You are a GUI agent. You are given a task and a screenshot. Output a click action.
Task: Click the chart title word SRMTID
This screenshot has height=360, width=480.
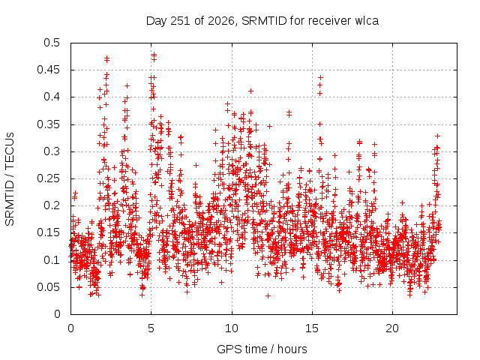[x=264, y=21]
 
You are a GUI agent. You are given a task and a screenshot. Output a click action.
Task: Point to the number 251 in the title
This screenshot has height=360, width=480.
[x=181, y=21]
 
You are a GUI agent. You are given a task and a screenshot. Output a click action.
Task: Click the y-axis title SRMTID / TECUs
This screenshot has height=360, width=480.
[x=10, y=179]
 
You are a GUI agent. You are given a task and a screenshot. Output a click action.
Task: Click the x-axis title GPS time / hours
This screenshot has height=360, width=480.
[x=262, y=349]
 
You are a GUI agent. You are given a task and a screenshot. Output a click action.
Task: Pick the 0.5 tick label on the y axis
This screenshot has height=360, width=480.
[x=52, y=43]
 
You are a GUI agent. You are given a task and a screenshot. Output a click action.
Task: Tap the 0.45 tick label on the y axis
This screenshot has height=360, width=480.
[x=48, y=70]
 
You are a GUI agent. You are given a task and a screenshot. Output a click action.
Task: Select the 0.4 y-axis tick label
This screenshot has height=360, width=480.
[x=52, y=97]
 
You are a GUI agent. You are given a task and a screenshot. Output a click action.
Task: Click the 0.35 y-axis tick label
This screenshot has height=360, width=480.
[x=48, y=124]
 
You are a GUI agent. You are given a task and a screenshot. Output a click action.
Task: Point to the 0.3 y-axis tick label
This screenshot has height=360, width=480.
[x=52, y=151]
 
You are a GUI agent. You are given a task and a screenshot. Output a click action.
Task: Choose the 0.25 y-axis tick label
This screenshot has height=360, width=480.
[x=48, y=178]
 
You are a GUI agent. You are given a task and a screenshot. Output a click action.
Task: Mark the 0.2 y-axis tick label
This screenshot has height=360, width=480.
[x=52, y=205]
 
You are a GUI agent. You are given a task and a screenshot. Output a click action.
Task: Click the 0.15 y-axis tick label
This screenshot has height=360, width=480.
[x=48, y=232]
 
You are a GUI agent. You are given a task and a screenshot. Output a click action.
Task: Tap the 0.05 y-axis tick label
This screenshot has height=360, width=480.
[x=48, y=287]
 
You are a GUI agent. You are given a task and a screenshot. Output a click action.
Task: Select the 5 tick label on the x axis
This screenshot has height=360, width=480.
[x=151, y=328]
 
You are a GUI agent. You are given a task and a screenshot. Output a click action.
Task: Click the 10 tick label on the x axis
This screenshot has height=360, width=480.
[x=232, y=328]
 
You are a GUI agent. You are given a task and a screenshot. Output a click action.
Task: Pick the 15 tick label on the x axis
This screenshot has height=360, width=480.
[x=312, y=328]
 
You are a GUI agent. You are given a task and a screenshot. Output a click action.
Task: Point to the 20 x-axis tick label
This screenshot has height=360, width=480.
[x=392, y=328]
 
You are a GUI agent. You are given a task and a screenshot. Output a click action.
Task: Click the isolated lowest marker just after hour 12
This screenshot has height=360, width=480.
[x=268, y=295]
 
